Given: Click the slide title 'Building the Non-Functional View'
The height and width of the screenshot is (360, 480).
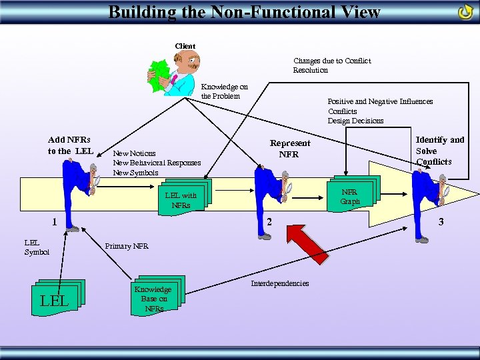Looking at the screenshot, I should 244,11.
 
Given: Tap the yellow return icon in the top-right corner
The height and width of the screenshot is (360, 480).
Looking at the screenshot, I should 465,12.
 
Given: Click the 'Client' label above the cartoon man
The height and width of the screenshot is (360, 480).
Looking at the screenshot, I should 185,46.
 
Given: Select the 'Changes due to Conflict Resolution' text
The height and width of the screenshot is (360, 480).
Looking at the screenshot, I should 331,65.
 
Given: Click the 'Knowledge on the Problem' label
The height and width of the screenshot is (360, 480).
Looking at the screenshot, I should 224,91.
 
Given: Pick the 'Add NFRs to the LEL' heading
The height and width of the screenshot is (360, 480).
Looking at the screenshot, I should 69,145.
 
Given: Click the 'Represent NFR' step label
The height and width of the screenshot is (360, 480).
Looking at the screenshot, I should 289,149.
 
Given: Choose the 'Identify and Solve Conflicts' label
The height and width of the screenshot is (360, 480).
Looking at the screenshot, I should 439,150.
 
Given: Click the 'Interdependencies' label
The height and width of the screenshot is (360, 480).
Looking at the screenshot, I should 279,283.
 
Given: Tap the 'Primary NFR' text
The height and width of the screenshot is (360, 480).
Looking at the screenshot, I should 127,246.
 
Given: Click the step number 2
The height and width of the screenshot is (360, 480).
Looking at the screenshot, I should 269,222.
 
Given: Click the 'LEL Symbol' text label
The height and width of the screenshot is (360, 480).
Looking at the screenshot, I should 36,247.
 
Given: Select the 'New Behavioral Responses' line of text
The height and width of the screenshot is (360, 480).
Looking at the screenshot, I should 157,163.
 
